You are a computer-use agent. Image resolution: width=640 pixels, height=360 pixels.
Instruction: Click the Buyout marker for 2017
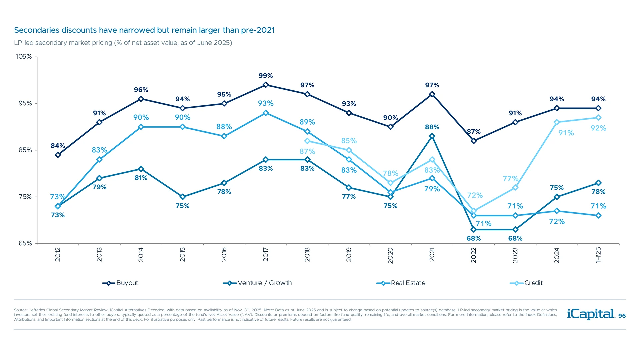click(266, 85)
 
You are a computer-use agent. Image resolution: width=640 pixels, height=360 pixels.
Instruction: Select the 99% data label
click(266, 76)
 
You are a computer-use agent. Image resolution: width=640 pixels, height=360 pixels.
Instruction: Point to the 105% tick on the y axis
click(24, 57)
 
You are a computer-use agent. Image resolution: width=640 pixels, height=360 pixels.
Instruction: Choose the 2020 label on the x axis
click(390, 255)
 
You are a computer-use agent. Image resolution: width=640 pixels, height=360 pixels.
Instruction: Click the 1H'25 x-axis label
click(598, 255)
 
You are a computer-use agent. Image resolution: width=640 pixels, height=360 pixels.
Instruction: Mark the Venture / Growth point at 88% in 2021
click(432, 136)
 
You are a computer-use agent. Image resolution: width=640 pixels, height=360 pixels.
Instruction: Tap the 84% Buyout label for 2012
click(58, 146)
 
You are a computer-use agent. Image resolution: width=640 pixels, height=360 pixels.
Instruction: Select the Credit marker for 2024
click(557, 122)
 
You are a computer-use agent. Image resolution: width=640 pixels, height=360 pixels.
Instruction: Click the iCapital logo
click(591, 314)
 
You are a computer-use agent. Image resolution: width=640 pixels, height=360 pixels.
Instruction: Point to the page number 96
click(622, 316)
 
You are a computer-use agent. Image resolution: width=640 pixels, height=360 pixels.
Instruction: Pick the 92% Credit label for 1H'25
click(598, 128)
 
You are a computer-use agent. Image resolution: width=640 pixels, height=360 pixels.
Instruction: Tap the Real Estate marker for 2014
click(141, 127)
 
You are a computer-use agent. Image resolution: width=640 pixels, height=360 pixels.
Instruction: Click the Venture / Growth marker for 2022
click(473, 230)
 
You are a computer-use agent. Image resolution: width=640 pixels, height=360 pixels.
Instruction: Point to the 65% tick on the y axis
click(25, 243)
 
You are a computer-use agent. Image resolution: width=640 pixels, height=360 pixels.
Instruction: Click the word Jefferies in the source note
click(37, 310)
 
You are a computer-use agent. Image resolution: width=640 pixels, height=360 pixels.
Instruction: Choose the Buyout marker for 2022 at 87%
click(473, 141)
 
